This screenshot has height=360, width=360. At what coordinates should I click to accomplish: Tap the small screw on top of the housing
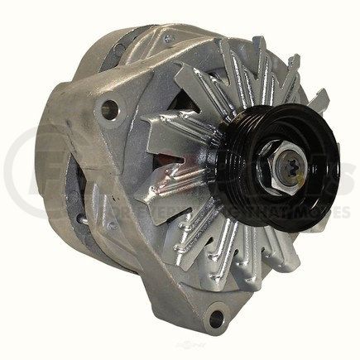tap(169, 38)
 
